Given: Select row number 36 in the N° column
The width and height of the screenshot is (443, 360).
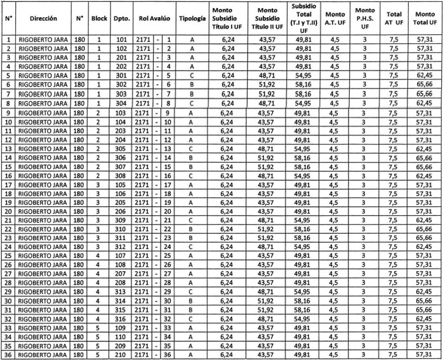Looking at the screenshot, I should (9, 355).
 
